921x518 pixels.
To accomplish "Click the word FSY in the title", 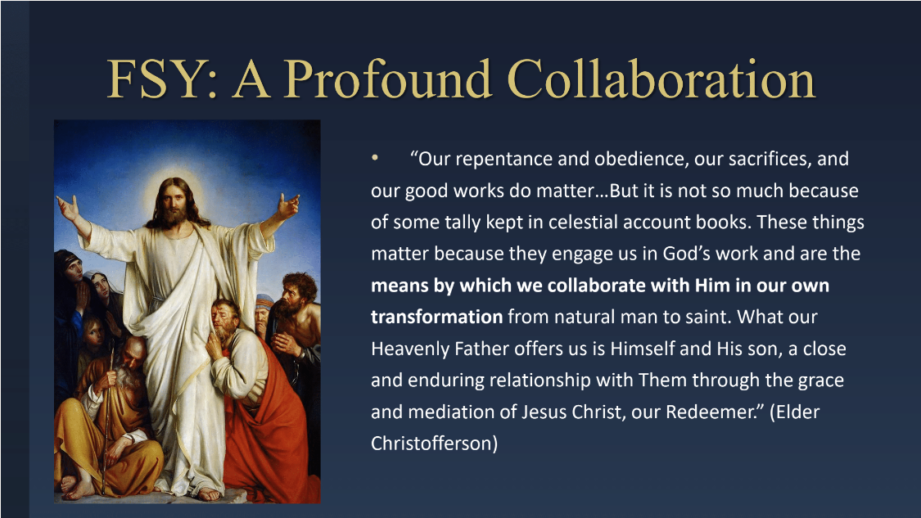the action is coord(161,79).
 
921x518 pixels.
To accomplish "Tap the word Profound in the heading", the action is coord(388,79).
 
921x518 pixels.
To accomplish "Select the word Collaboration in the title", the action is coord(661,79).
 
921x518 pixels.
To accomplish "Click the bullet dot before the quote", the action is coord(375,157).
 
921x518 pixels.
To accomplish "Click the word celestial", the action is coord(578,222).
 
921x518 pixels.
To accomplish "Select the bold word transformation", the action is coord(436,318).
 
